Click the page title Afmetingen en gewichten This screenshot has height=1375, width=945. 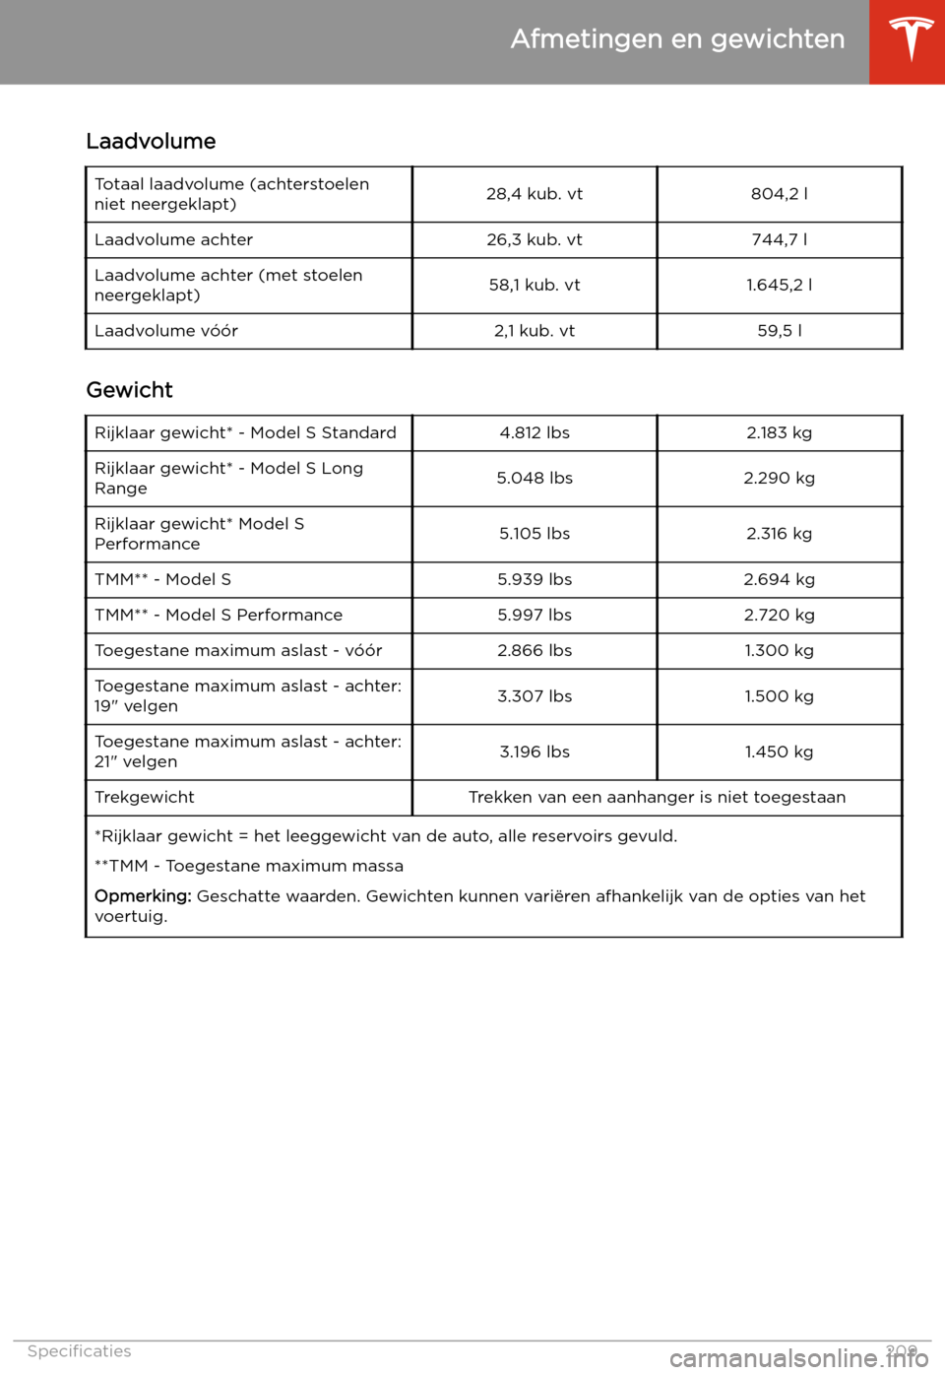tap(677, 39)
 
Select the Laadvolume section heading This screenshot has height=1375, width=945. tap(151, 141)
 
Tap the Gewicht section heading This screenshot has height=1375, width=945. tap(129, 390)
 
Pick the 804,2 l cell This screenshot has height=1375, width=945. tap(779, 194)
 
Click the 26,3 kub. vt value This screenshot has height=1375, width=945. tap(535, 239)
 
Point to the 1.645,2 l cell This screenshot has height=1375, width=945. tap(779, 285)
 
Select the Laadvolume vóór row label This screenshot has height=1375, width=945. tap(166, 331)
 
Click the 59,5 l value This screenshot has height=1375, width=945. tap(779, 331)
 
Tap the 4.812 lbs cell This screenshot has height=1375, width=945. tap(535, 432)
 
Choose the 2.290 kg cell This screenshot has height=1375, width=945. tap(779, 478)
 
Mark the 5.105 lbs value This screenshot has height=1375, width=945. tap(535, 534)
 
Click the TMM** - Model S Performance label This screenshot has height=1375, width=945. tap(219, 615)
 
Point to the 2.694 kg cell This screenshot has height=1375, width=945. tap(779, 579)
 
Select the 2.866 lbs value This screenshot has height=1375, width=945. tap(535, 650)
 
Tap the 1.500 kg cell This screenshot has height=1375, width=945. tap(779, 696)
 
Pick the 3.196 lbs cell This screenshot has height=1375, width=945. tap(535, 752)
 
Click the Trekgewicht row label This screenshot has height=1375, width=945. tap(145, 797)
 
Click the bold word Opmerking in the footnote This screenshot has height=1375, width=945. tap(142, 896)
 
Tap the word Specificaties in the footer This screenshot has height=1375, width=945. tap(79, 1351)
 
